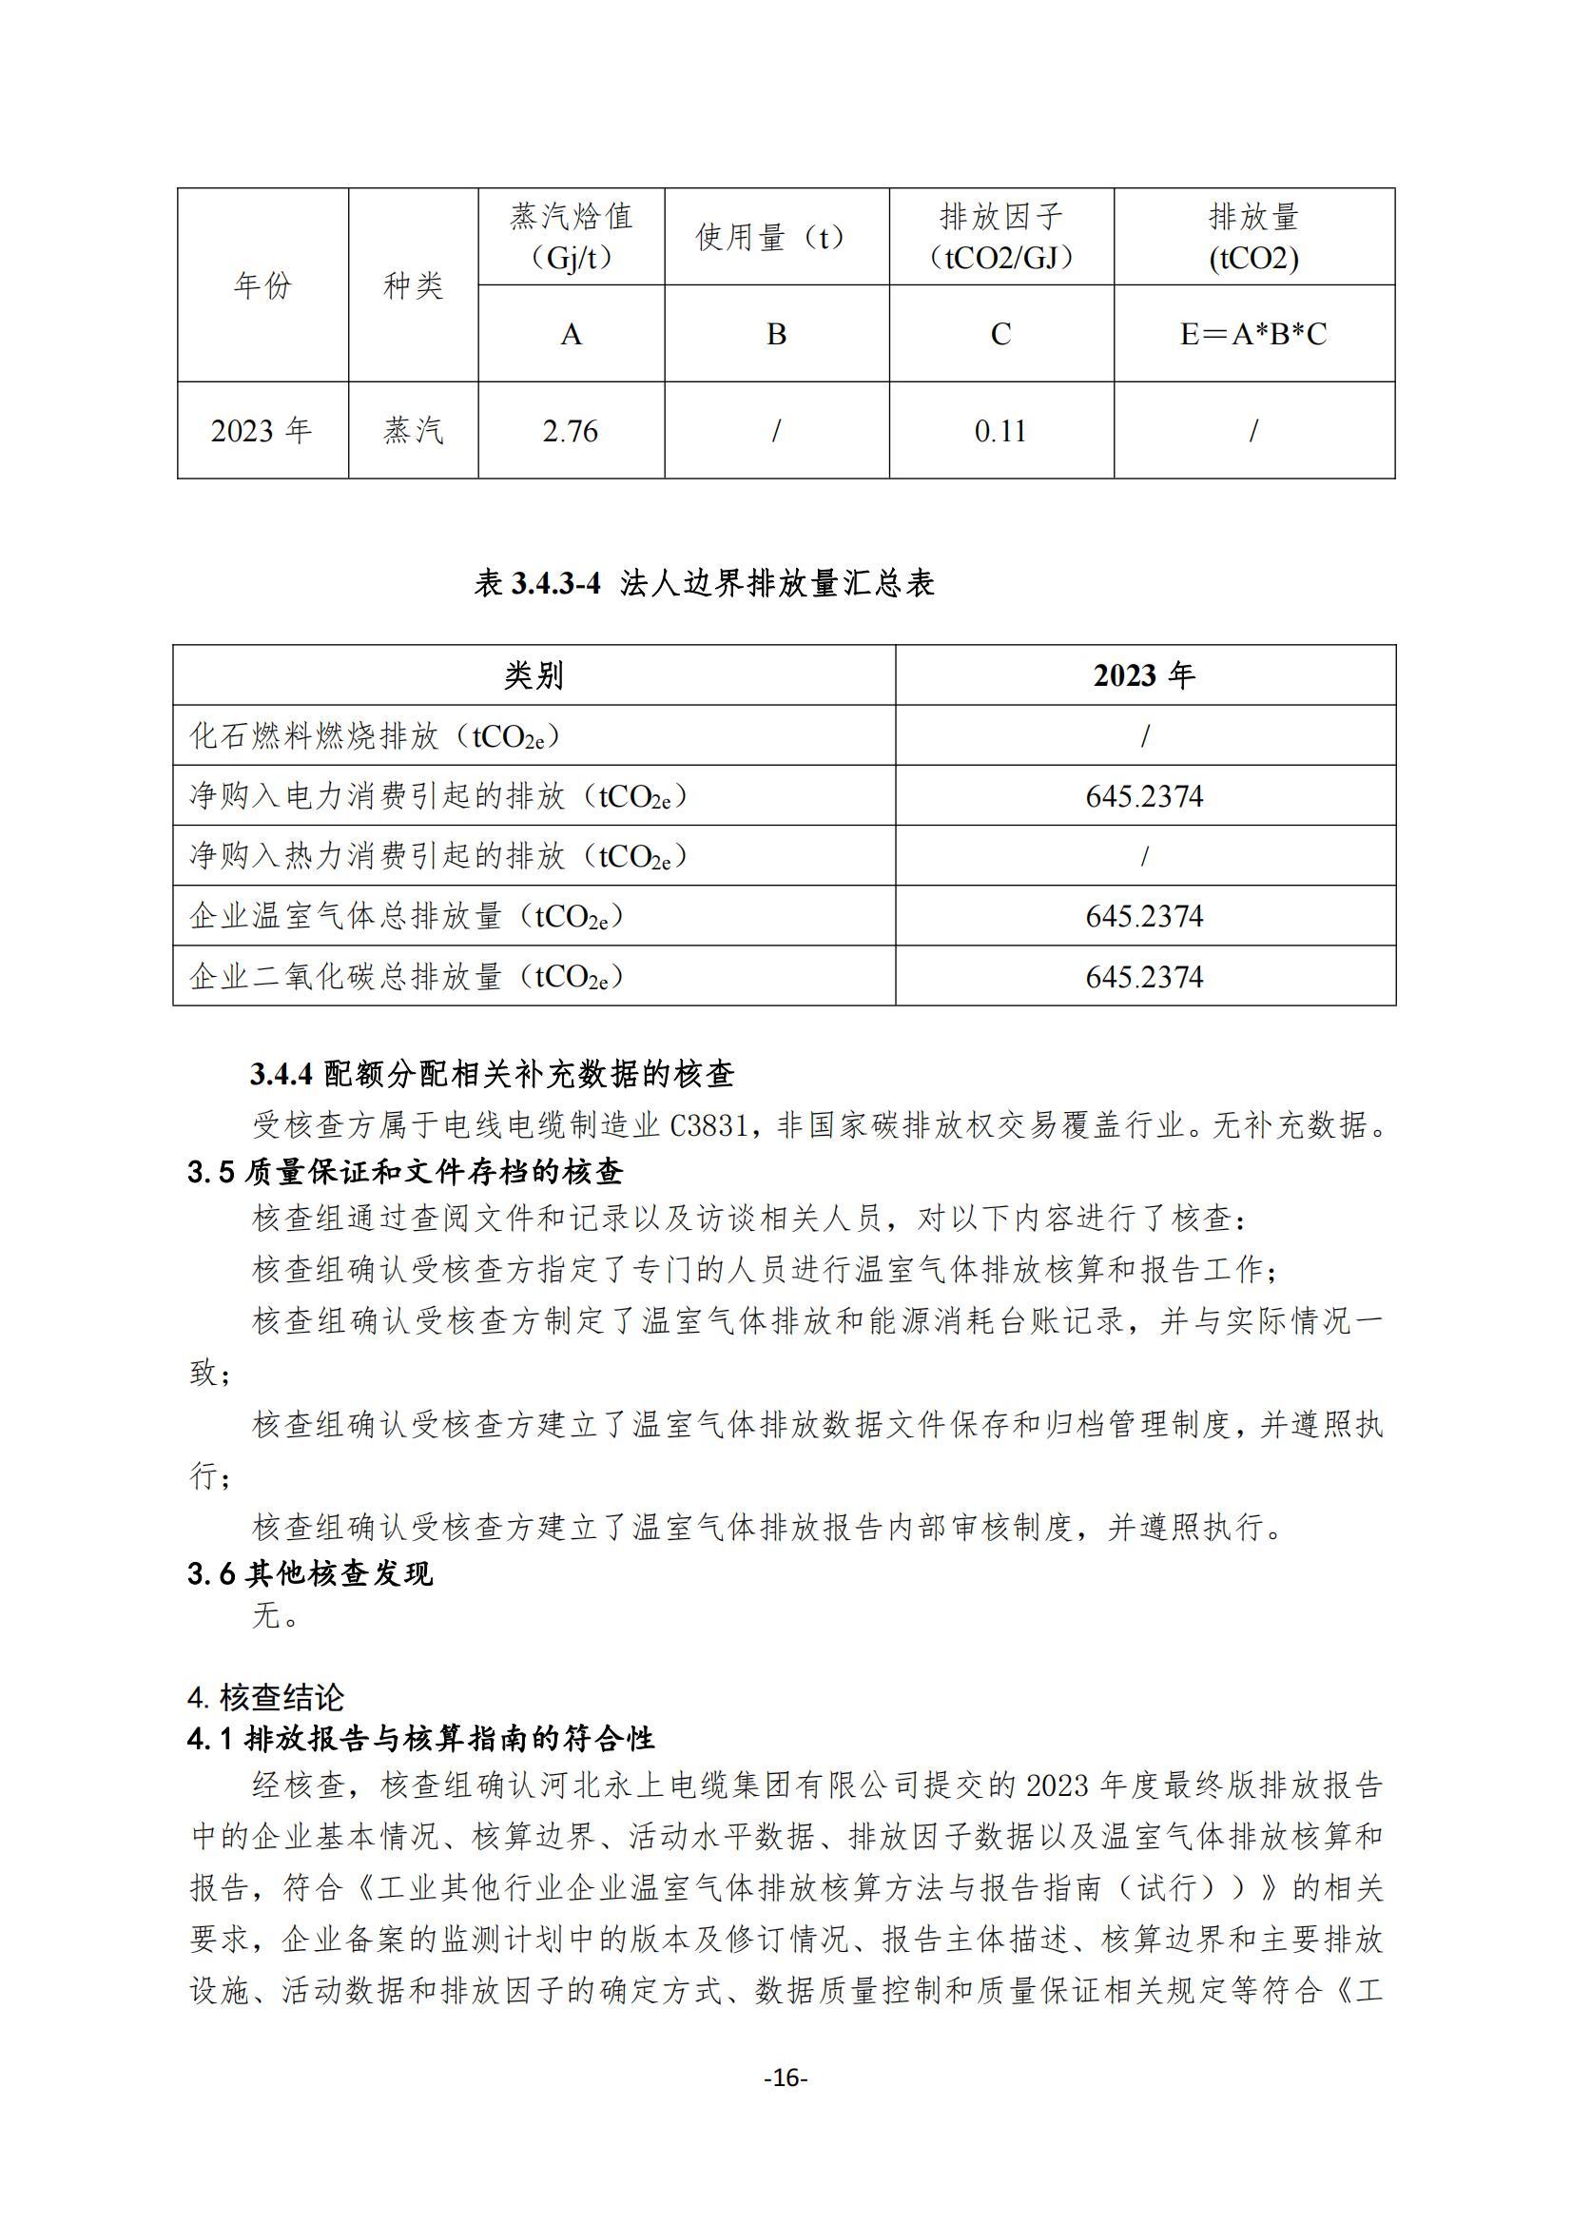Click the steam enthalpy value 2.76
pos(571,431)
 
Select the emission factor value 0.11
pos(1000,431)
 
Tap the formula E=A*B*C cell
pos(1253,334)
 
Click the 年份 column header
pos(262,284)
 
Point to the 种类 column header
pos(414,284)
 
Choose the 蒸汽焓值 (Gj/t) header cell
pos(571,236)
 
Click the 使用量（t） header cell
pos(776,236)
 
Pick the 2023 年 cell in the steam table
pos(262,431)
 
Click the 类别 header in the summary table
pos(534,675)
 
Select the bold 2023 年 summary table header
pos(1144,675)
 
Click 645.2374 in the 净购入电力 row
pos(1144,796)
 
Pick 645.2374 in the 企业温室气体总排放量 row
pos(1144,916)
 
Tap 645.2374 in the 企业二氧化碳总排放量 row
pos(1144,976)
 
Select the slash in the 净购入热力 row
pos(1144,856)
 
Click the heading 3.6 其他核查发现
pos(311,1573)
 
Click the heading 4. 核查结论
pos(266,1697)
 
